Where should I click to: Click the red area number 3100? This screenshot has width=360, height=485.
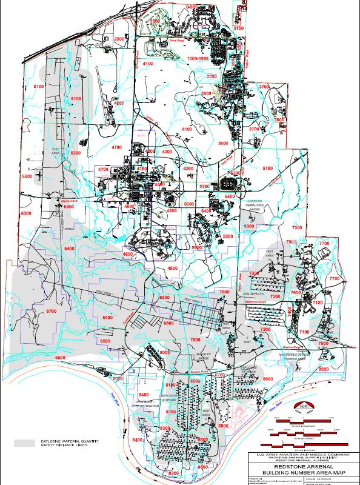[x=238, y=28]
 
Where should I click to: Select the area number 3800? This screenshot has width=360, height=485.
[x=279, y=120]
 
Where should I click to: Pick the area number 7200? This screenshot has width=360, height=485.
[x=265, y=329]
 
